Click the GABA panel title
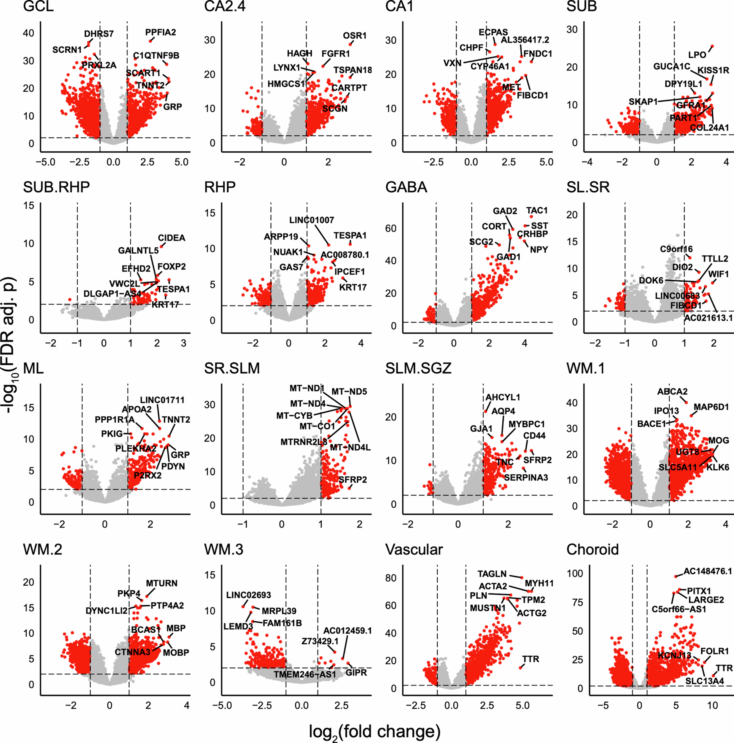pyautogui.click(x=406, y=187)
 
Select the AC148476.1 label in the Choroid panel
pyautogui.click(x=707, y=571)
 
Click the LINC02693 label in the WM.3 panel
pyautogui.click(x=248, y=595)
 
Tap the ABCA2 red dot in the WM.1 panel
pyautogui.click(x=686, y=402)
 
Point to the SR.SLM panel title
pyautogui.click(x=232, y=368)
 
